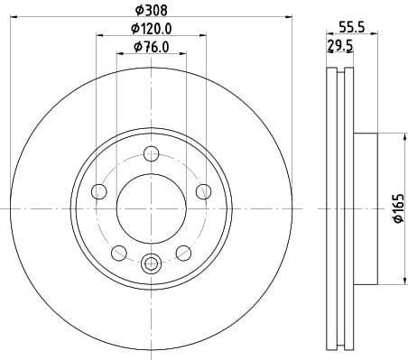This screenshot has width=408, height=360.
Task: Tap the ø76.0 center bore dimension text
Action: (x=151, y=47)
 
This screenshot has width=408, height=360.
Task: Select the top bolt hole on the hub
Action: (x=151, y=155)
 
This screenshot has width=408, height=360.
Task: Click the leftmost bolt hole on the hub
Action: (x=99, y=190)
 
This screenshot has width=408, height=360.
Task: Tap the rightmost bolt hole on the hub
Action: (x=203, y=190)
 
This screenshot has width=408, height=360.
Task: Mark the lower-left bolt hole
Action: (x=118, y=252)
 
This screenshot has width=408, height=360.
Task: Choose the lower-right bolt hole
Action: (x=183, y=252)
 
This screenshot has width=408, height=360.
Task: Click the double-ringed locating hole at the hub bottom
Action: (x=151, y=263)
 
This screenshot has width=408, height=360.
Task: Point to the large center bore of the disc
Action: (x=151, y=208)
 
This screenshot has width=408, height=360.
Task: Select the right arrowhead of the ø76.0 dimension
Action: (x=181, y=54)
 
